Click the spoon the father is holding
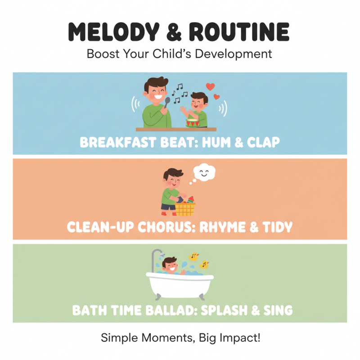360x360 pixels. [x=167, y=103]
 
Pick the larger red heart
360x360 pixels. [x=210, y=86]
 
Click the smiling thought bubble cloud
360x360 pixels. [x=204, y=172]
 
